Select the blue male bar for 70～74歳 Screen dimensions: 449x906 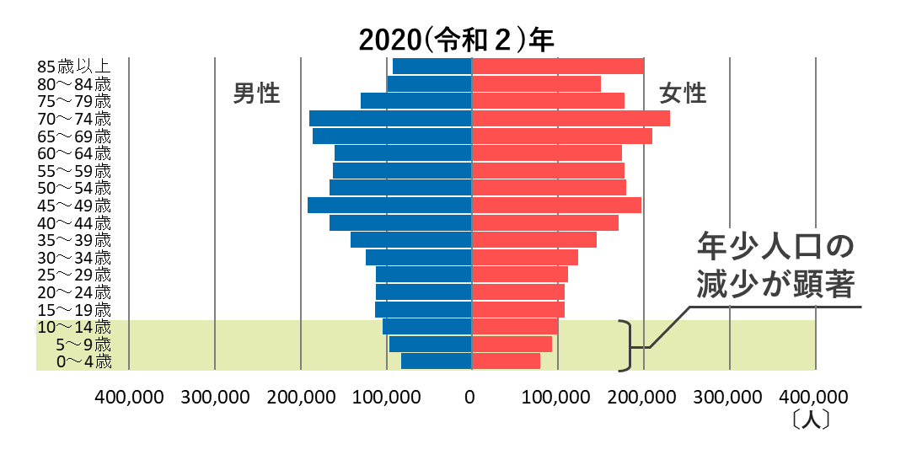[x=390, y=119]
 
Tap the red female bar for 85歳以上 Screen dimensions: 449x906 [x=557, y=67]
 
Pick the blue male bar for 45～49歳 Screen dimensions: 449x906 [x=389, y=206]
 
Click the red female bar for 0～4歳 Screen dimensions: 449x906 [x=506, y=361]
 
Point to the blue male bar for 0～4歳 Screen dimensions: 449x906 [x=436, y=361]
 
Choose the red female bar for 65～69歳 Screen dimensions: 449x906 [x=561, y=136]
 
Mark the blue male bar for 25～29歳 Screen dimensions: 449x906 [x=423, y=275]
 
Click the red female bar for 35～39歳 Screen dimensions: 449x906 [x=534, y=240]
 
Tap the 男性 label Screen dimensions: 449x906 [x=256, y=94]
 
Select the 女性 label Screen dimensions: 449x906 [x=683, y=94]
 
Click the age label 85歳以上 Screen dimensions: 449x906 [x=73, y=67]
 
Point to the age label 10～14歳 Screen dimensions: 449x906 [x=73, y=327]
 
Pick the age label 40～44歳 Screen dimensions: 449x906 [x=73, y=223]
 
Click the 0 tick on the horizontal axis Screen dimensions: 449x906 [x=471, y=396]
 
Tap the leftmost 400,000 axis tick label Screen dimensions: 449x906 [x=129, y=396]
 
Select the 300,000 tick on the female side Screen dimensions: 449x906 [x=729, y=396]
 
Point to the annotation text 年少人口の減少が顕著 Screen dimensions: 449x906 [x=775, y=265]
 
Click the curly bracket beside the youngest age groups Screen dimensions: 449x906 [x=626, y=345]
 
